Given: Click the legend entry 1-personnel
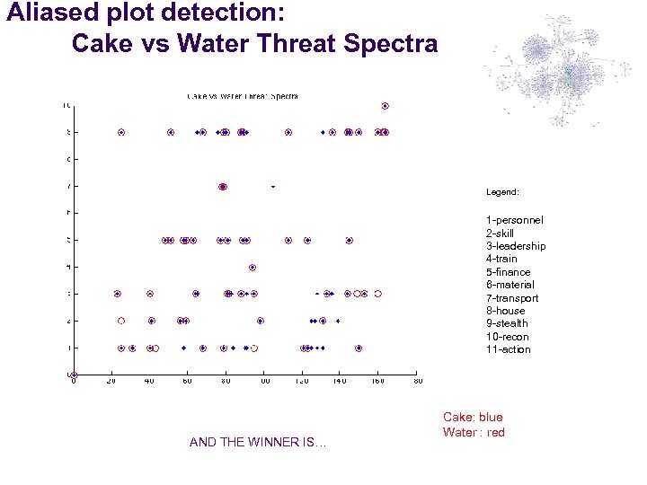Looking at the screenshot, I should tap(514, 220).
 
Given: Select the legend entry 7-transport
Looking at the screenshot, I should tap(512, 298).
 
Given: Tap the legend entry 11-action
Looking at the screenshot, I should tap(508, 349).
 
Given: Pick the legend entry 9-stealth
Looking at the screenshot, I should tap(507, 323).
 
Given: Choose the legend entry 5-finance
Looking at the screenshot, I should tap(509, 272).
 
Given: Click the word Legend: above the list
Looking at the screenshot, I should tap(502, 192).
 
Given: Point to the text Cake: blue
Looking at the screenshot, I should tap(473, 418).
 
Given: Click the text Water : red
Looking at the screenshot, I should tap(474, 433).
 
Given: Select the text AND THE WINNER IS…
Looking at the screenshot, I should tap(258, 442).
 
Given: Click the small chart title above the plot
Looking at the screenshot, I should tap(242, 95).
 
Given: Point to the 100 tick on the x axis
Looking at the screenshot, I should tap(265, 382).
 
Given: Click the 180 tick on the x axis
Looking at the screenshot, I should tap(417, 382).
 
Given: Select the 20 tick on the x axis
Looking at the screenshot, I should tap(111, 382).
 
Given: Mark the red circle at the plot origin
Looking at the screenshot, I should tap(75, 375).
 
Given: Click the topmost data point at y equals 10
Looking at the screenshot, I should tap(385, 106).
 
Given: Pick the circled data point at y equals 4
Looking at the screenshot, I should tap(253, 267).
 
